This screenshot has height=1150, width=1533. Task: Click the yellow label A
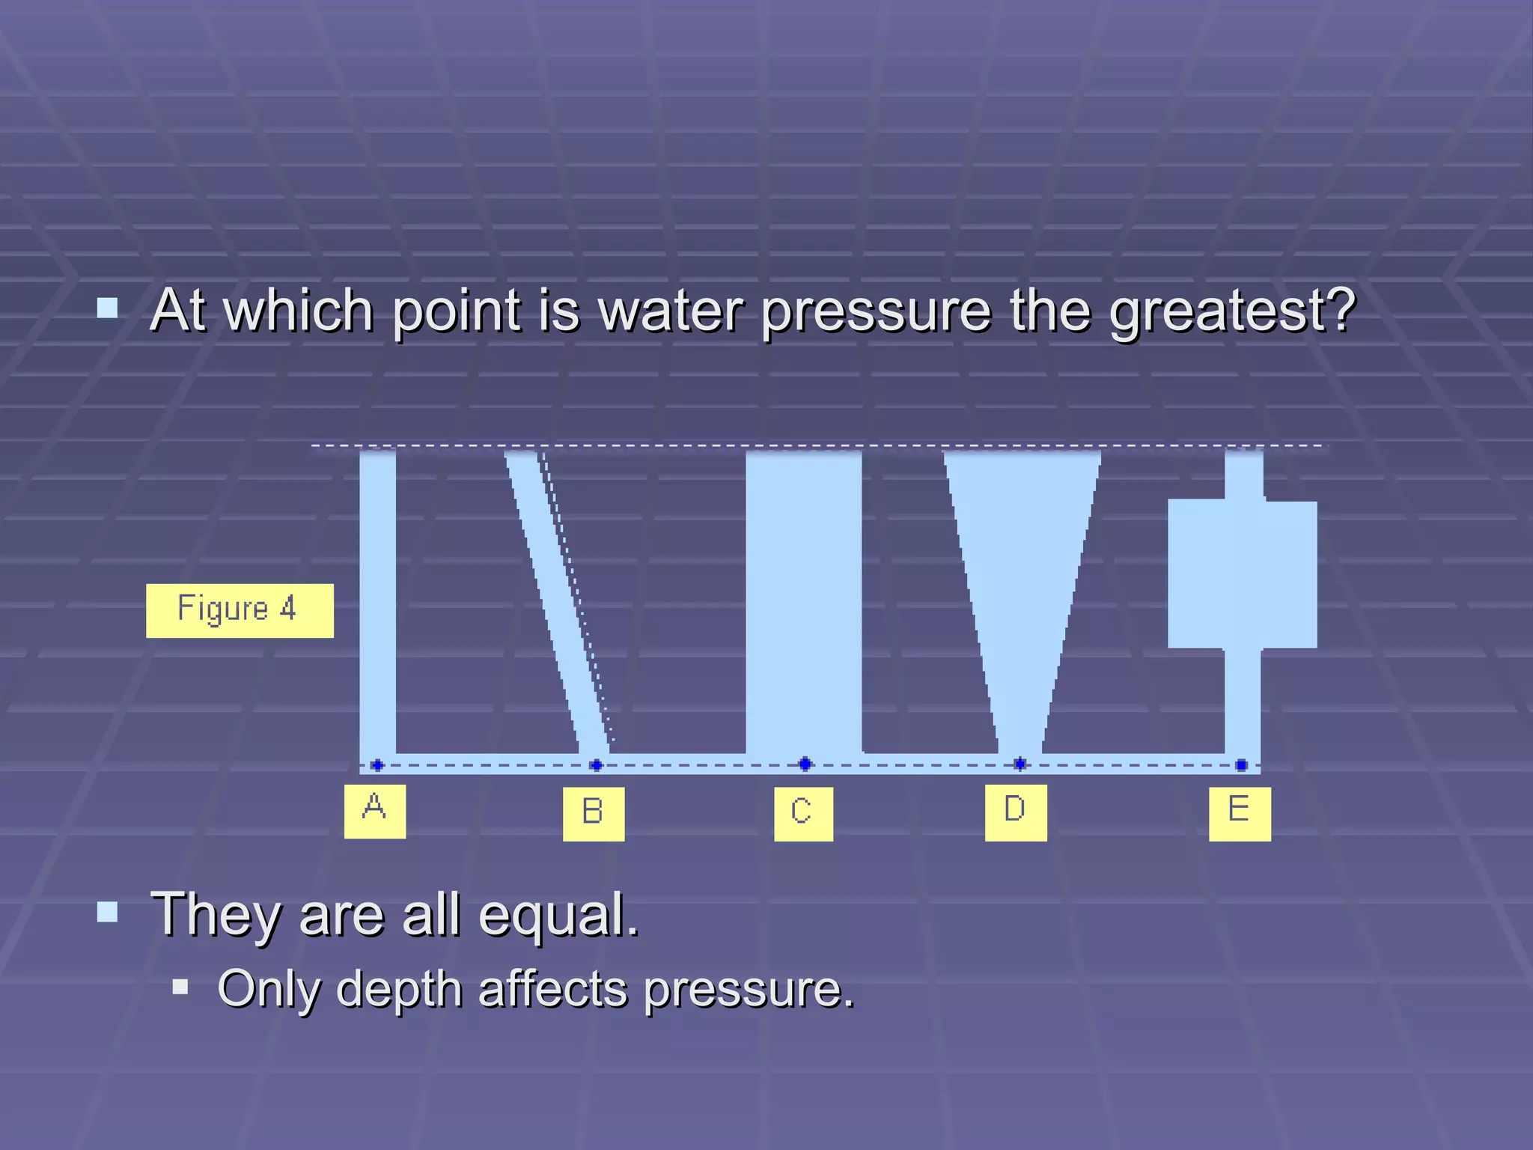coord(374,811)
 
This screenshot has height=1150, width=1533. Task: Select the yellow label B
coord(594,814)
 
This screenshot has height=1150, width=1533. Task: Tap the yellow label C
coord(803,814)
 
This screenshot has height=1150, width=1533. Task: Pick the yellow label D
coord(1016,812)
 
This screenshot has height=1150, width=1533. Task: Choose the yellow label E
coord(1240,813)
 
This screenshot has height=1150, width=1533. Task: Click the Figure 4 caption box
coord(240,610)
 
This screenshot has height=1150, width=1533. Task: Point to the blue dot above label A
coord(377,764)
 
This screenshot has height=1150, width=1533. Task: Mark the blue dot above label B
coord(596,764)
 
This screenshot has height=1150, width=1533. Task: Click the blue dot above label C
coord(805,764)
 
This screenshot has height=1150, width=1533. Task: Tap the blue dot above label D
coord(1020,764)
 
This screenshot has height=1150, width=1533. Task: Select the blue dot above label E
coord(1241,764)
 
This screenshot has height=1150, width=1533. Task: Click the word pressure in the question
coord(876,311)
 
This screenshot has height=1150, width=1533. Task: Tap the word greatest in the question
coord(1231,311)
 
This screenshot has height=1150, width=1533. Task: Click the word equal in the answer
coord(558,916)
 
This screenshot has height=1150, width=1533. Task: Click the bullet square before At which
coord(108,308)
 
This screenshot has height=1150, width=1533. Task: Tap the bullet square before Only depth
coord(180,987)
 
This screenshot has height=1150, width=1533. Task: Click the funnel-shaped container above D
coord(1021,569)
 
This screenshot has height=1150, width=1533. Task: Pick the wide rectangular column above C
coord(803,599)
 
